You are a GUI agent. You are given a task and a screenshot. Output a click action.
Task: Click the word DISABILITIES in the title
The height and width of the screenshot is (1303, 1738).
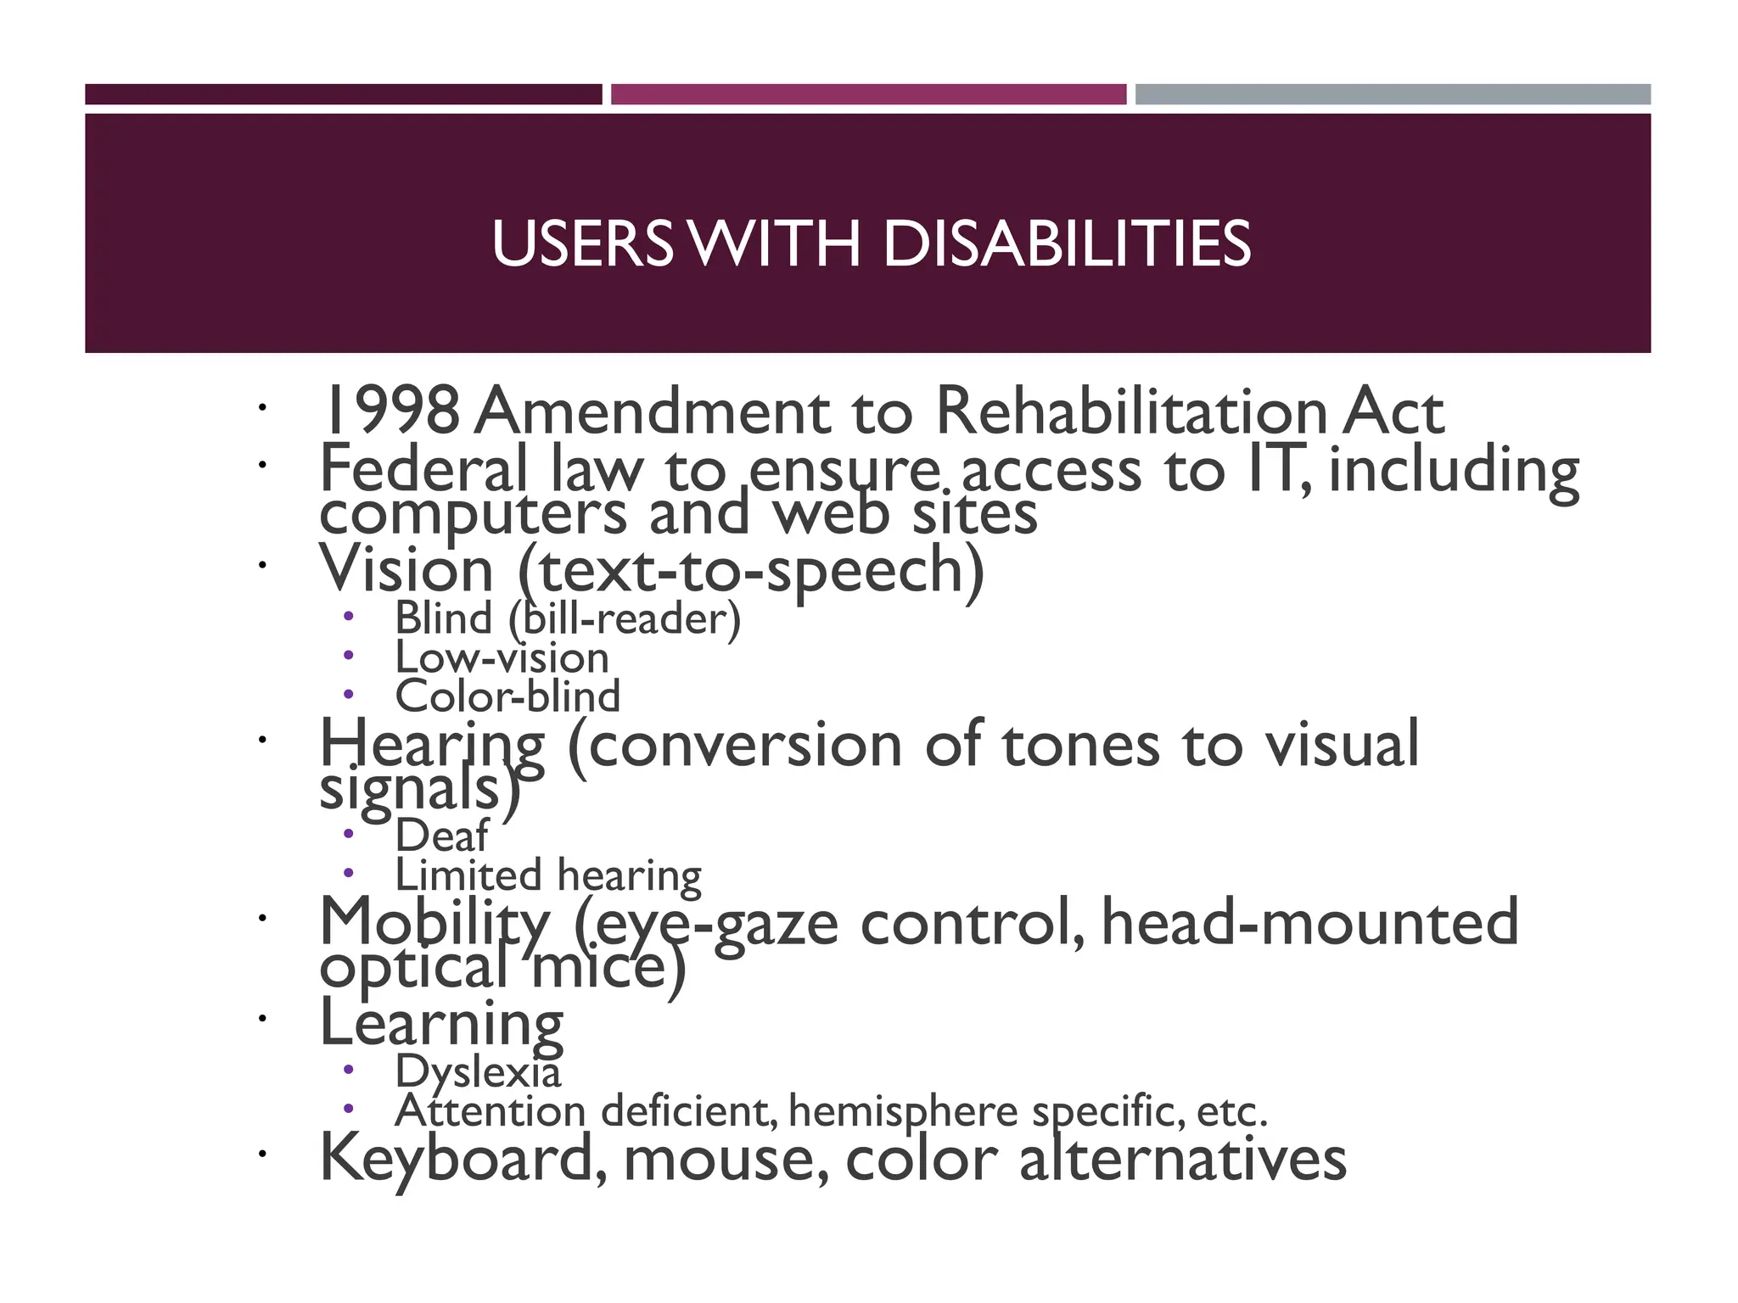point(1066,244)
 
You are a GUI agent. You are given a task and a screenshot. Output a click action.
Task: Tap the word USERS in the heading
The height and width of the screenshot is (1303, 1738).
point(582,244)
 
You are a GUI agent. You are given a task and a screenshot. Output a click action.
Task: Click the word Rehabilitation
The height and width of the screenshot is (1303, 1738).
point(1130,411)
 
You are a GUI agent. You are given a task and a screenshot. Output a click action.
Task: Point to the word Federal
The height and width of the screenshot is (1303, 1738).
point(423,469)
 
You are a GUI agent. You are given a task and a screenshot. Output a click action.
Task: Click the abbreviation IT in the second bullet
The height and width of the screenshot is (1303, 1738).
point(1271,469)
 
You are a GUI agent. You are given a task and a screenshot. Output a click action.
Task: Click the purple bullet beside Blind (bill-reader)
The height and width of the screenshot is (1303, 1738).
point(348,617)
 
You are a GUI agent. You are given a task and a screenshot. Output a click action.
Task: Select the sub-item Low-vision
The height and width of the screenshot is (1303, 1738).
point(502,657)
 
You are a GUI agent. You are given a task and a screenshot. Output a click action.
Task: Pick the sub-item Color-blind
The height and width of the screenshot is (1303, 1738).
point(507,696)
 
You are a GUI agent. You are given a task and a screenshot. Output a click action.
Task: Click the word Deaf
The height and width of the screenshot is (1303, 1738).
point(442,836)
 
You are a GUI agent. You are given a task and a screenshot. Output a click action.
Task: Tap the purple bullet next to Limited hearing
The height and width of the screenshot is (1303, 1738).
point(348,873)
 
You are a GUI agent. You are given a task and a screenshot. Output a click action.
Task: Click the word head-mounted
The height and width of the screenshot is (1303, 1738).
point(1309,923)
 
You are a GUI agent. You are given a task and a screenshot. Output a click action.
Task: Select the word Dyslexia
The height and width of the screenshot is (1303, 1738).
point(478,1071)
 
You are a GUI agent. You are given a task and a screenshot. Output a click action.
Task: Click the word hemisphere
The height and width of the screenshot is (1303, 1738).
point(903,1111)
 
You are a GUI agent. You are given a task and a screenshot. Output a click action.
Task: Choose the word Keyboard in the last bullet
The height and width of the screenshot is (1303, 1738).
point(456,1159)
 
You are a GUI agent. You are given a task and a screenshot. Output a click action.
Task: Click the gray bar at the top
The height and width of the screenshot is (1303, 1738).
point(1393,94)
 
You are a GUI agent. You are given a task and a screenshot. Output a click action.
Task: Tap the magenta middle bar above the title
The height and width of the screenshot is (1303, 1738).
point(868,94)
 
